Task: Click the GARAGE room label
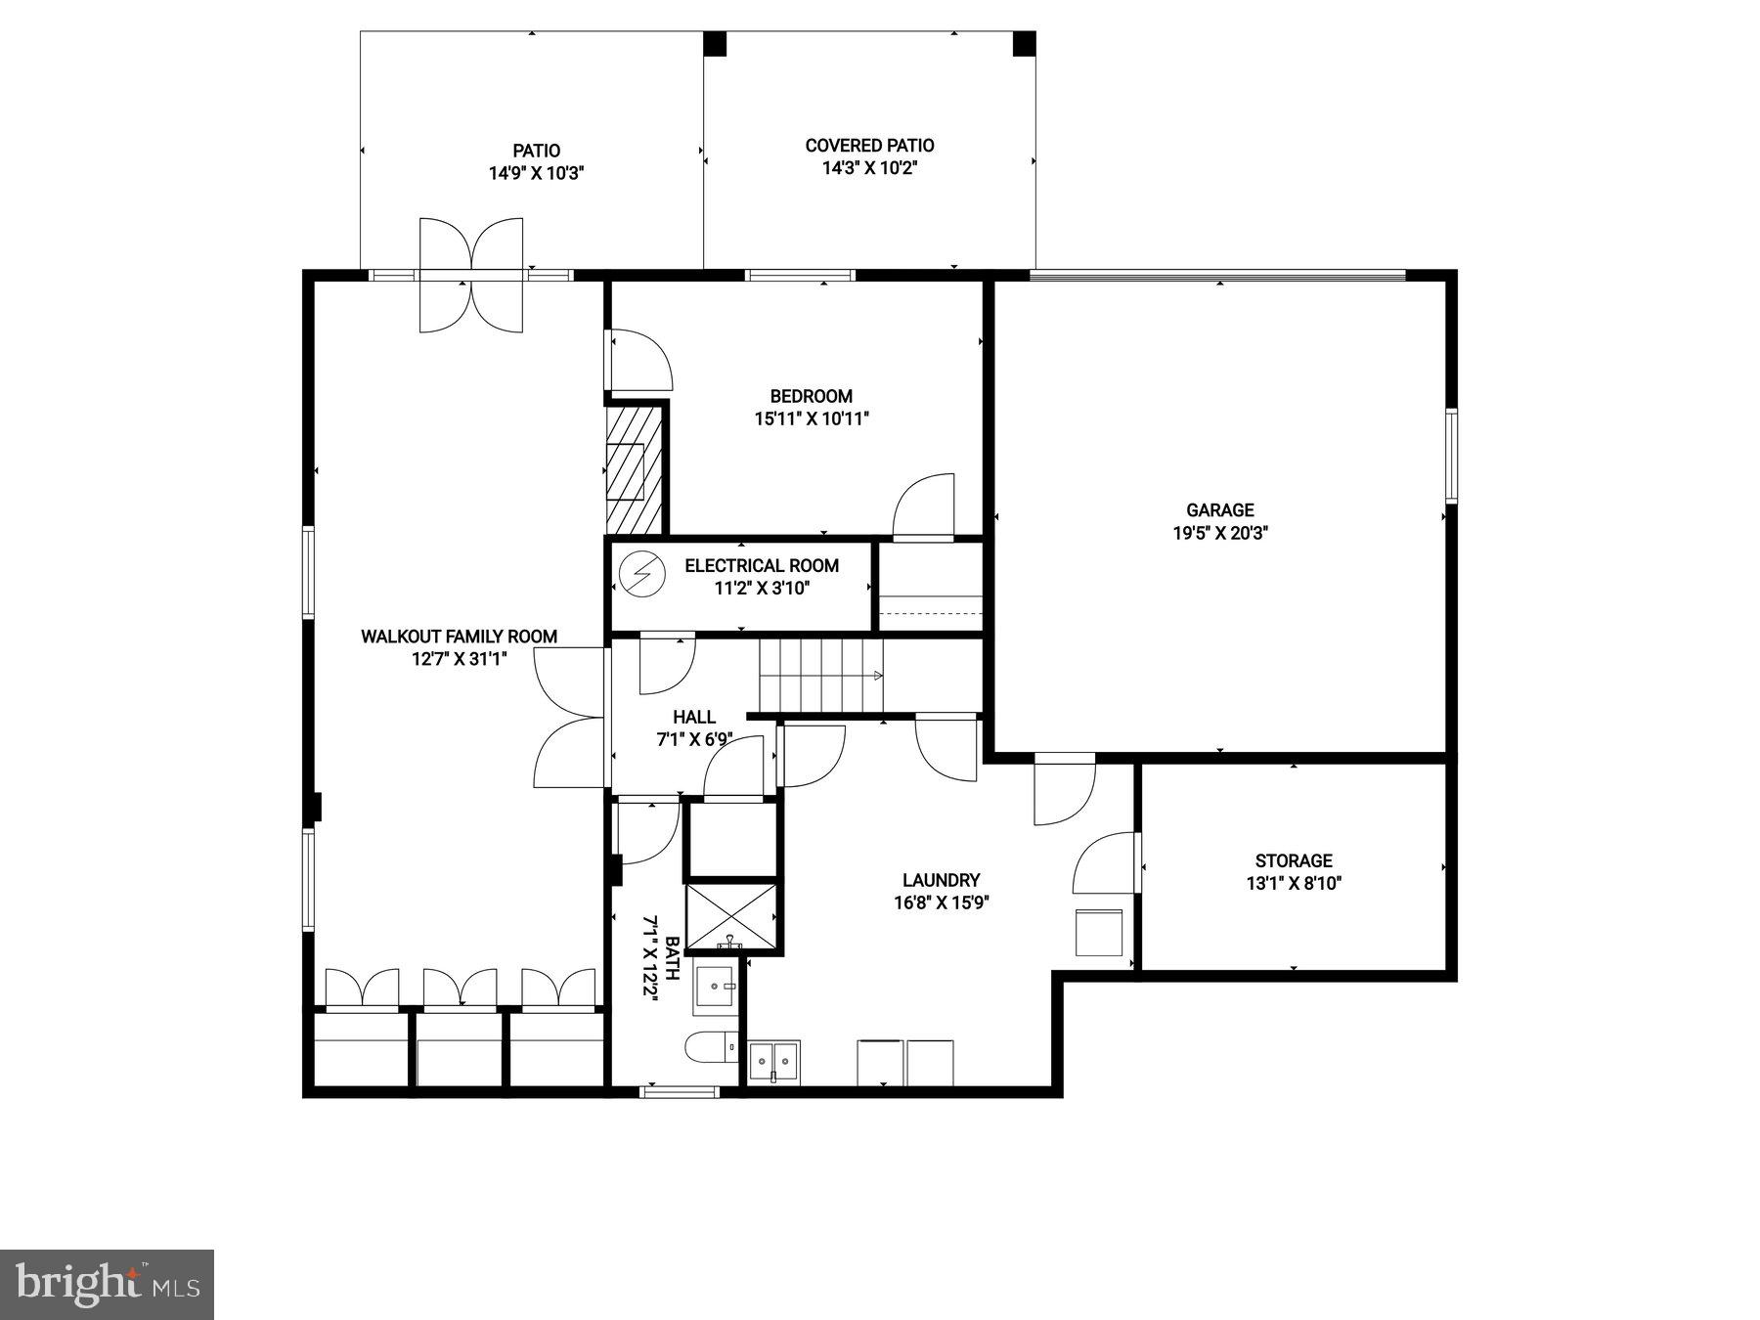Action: tap(1219, 509)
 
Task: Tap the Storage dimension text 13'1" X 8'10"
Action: tap(1293, 884)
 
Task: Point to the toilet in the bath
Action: tap(711, 1048)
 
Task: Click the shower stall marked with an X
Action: tap(731, 916)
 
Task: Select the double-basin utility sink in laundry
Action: tap(773, 1061)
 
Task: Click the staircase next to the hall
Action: tap(821, 676)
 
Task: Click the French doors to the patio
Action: tap(471, 275)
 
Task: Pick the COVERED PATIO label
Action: tap(869, 146)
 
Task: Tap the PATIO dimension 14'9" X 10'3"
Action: tap(536, 174)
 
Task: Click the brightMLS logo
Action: tap(107, 1284)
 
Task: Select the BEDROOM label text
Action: tap(811, 396)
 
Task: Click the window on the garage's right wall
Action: tap(1451, 456)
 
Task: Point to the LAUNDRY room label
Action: tap(941, 880)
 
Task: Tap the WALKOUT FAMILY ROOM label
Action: tap(459, 637)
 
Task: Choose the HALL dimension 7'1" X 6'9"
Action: tap(694, 740)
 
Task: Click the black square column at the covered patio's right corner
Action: tap(1023, 43)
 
